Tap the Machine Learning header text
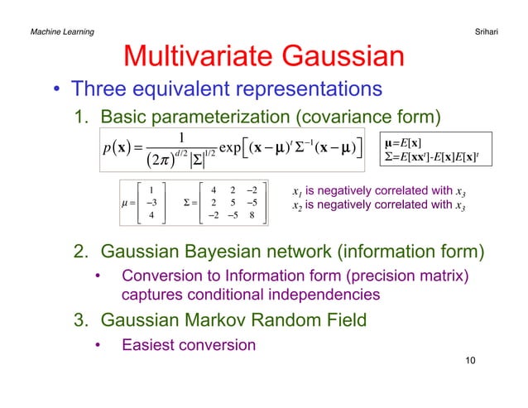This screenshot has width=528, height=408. [61, 31]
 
